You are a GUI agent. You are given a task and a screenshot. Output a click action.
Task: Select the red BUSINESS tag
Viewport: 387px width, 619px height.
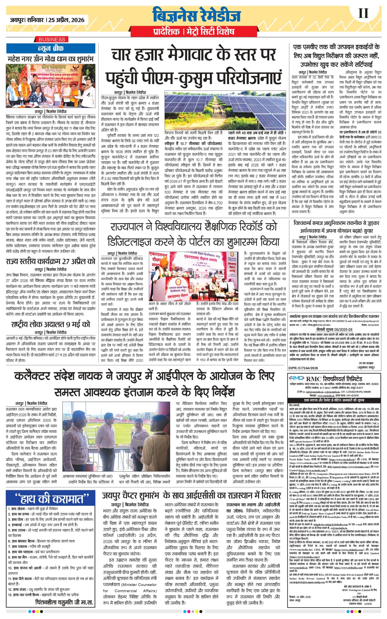click(x=52, y=39)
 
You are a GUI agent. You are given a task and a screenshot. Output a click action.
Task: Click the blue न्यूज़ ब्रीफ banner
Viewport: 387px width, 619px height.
click(x=51, y=48)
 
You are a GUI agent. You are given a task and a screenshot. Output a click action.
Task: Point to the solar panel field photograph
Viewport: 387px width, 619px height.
click(x=225, y=110)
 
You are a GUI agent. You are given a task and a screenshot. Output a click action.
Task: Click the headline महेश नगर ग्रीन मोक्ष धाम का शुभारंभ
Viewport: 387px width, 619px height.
click(x=51, y=59)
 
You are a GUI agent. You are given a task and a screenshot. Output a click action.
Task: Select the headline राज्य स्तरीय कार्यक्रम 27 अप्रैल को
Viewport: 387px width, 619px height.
click(x=51, y=261)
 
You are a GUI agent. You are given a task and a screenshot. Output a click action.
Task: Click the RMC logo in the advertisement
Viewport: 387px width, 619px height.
click(x=296, y=378)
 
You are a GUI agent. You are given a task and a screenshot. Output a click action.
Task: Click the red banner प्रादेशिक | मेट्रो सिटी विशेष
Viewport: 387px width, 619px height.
click(x=194, y=32)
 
